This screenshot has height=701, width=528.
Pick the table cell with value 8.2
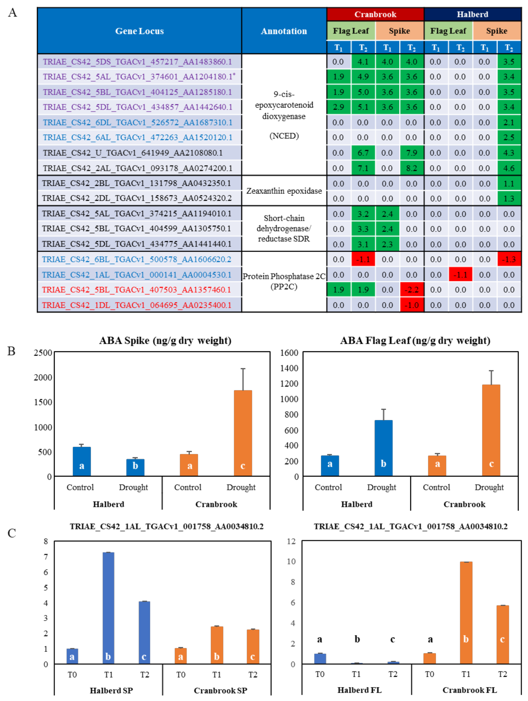tap(412, 168)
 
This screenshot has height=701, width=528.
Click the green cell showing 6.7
tap(363, 153)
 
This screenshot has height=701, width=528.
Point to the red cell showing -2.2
tap(412, 290)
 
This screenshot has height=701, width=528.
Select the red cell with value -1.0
tap(412, 305)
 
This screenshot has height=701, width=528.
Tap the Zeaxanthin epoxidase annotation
tap(284, 191)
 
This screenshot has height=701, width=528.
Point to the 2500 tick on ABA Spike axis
tap(43, 353)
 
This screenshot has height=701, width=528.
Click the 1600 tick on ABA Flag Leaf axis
tap(289, 353)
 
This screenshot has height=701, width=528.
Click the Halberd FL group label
tap(359, 690)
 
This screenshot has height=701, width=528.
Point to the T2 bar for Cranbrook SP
tap(253, 647)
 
